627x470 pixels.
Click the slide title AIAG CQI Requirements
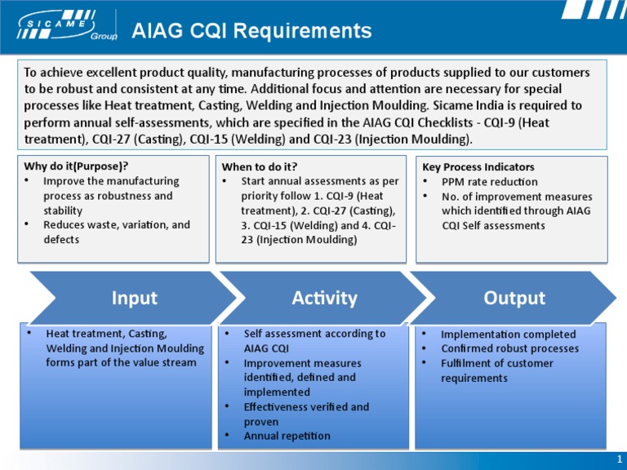point(251,31)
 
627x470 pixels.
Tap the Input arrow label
point(135,298)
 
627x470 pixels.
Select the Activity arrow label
point(324,298)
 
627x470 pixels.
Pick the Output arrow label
point(514,298)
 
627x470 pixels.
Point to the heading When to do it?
point(260,166)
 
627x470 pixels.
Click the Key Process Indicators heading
point(478,166)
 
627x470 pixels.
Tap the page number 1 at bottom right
point(620,459)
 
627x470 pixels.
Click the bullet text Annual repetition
point(287,436)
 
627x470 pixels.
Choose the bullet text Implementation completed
point(508,334)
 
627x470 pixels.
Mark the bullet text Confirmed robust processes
point(509,348)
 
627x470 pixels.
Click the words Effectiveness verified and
point(306,406)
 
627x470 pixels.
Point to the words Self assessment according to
point(314,334)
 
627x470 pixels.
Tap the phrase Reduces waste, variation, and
point(116,224)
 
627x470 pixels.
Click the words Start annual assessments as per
point(320,181)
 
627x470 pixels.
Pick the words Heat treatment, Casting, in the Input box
point(106,334)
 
